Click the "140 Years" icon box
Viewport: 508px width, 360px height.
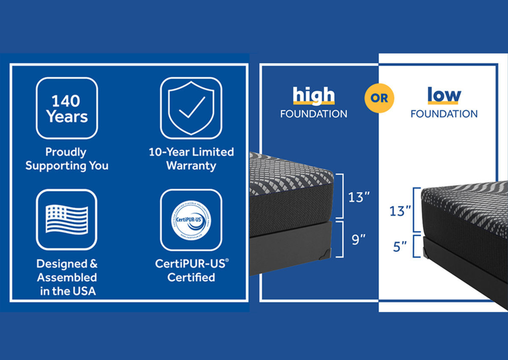click(x=66, y=108)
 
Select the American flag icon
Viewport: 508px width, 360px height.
click(x=66, y=219)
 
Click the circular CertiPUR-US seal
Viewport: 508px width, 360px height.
click(x=191, y=220)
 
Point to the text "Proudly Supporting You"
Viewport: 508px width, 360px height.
click(x=66, y=159)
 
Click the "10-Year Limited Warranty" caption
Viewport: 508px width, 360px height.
click(x=191, y=159)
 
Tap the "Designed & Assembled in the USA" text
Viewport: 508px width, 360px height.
click(x=67, y=277)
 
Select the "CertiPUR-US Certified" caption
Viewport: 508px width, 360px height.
click(x=191, y=270)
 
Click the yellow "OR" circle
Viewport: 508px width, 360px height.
click(x=379, y=98)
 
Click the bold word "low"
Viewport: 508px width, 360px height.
click(x=443, y=94)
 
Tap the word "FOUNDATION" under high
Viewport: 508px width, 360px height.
click(x=314, y=114)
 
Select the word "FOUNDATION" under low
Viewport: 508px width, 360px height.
click(x=444, y=114)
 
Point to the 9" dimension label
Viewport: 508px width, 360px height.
click(x=358, y=240)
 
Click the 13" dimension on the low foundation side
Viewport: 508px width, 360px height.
click(x=400, y=210)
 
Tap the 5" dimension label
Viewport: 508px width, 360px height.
click(x=399, y=246)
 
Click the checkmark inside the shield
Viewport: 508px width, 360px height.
click(x=192, y=108)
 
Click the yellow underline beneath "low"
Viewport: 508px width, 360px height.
click(x=443, y=103)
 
